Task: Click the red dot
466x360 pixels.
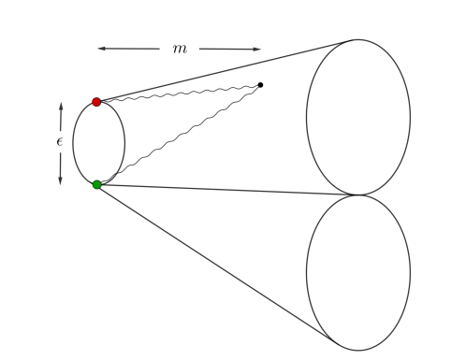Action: click(x=96, y=101)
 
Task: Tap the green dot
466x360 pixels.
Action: click(x=97, y=184)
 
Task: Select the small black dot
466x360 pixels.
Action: click(x=260, y=85)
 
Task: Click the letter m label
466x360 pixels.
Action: click(x=179, y=49)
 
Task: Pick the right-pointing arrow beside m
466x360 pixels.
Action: click(x=230, y=49)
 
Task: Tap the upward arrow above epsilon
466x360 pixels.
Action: click(x=61, y=117)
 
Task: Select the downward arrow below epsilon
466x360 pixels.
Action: click(x=61, y=167)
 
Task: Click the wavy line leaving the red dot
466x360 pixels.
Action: click(x=178, y=93)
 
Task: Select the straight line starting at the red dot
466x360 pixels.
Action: click(x=225, y=70)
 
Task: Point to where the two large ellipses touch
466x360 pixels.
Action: click(x=357, y=194)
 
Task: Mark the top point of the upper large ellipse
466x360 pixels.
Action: click(x=357, y=39)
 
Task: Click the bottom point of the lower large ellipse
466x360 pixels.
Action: click(x=357, y=350)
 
